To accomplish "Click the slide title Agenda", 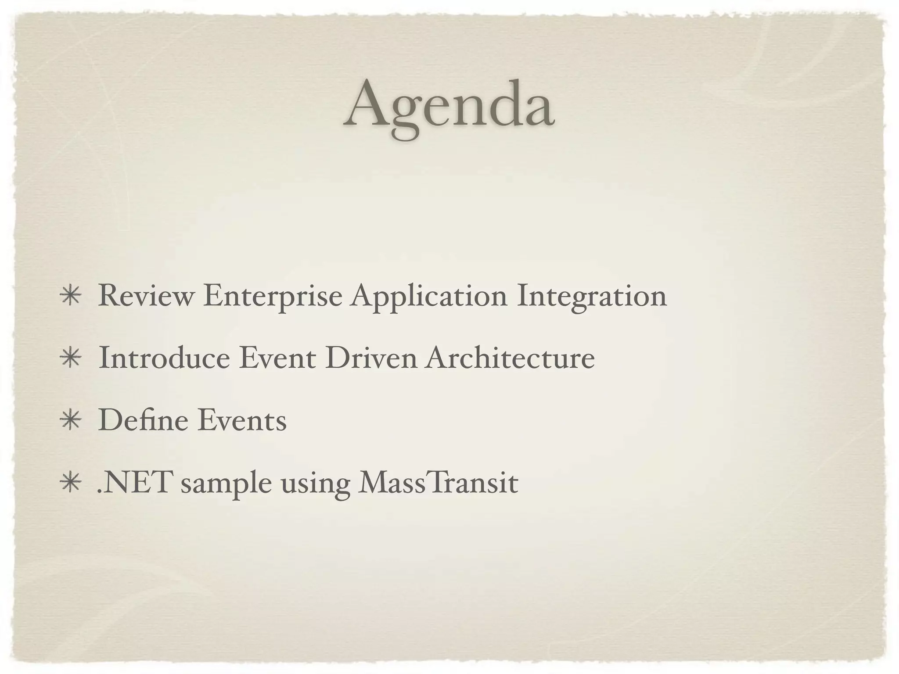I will point(449,107).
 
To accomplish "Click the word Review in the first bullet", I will point(145,296).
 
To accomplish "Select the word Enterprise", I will point(272,297).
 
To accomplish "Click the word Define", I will point(143,420).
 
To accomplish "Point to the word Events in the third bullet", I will point(242,420).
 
